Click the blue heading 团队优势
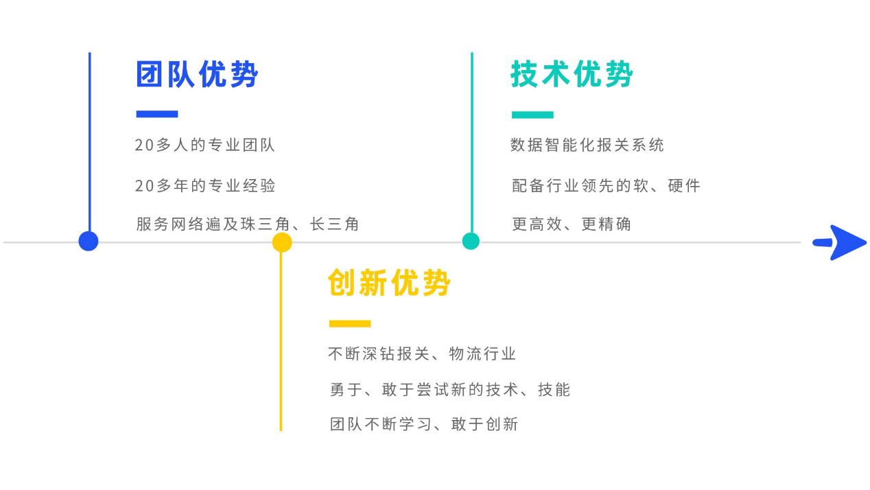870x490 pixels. (x=197, y=74)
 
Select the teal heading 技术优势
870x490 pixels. (x=572, y=74)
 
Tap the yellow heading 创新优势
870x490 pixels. (x=389, y=283)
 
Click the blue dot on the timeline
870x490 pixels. (x=89, y=241)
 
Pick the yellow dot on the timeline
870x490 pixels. (x=282, y=242)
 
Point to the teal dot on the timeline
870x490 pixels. (x=471, y=241)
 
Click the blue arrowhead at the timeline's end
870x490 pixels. (x=843, y=242)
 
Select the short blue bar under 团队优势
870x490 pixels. (x=157, y=114)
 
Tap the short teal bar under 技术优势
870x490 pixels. (x=532, y=115)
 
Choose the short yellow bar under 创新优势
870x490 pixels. (x=350, y=323)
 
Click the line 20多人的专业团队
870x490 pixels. (x=205, y=145)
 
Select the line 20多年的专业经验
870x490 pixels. (x=205, y=185)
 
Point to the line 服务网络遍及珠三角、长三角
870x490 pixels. (x=248, y=224)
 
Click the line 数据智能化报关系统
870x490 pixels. (x=587, y=145)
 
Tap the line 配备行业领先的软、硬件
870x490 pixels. (x=606, y=185)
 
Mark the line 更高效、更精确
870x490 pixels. (x=572, y=224)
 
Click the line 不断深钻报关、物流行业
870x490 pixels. (x=422, y=354)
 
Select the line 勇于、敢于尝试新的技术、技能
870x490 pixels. (x=450, y=390)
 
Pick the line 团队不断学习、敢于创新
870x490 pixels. (x=424, y=424)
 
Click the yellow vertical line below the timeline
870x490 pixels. (x=281, y=343)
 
